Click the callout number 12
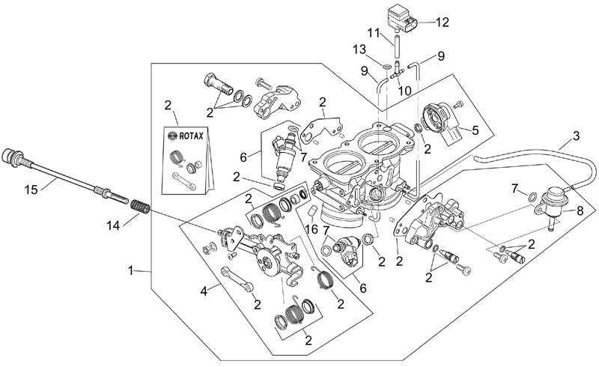coord(443,22)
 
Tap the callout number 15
coord(31,189)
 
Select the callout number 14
coord(114,225)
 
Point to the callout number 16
coord(312,229)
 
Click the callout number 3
coord(576,136)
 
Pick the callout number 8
coord(580,210)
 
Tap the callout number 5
coord(475,130)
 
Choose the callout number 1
coord(130,270)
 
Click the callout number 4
coord(204,291)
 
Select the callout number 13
coord(359,49)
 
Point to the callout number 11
coord(374,32)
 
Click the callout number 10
coord(404,91)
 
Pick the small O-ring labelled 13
coord(386,67)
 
